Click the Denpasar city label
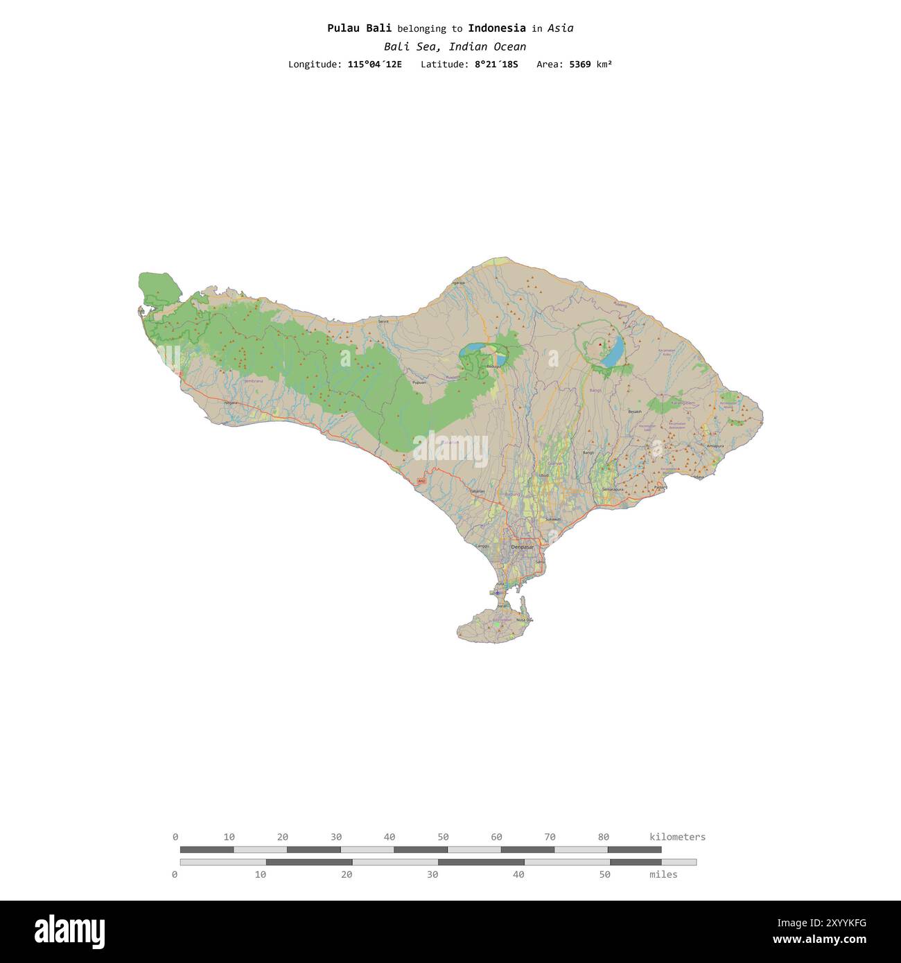523,547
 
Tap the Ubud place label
543,475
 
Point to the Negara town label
231,403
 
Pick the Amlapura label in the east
715,446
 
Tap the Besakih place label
635,412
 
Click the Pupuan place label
419,382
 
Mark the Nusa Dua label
525,620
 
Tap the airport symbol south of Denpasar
498,593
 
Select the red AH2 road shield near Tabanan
421,481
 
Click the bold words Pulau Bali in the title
359,28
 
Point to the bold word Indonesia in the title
496,28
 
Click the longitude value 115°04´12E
374,64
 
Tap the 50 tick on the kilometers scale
444,837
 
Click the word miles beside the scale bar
663,874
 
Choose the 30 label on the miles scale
432,874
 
